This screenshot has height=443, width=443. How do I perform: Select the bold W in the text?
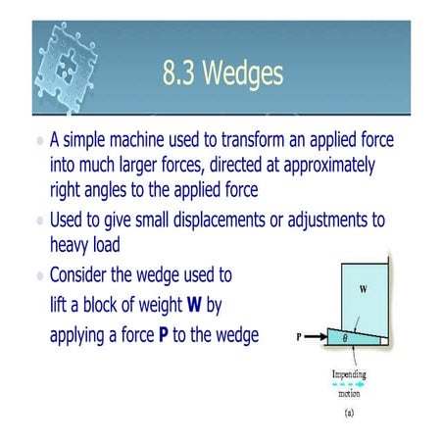click(196, 306)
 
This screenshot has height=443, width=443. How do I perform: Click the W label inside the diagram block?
click(360, 290)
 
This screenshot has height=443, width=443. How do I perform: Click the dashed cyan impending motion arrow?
click(349, 385)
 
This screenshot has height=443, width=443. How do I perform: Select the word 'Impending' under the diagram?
click(350, 372)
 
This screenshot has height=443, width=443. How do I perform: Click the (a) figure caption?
click(350, 415)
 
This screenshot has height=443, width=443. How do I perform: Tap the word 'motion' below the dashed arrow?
click(350, 396)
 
